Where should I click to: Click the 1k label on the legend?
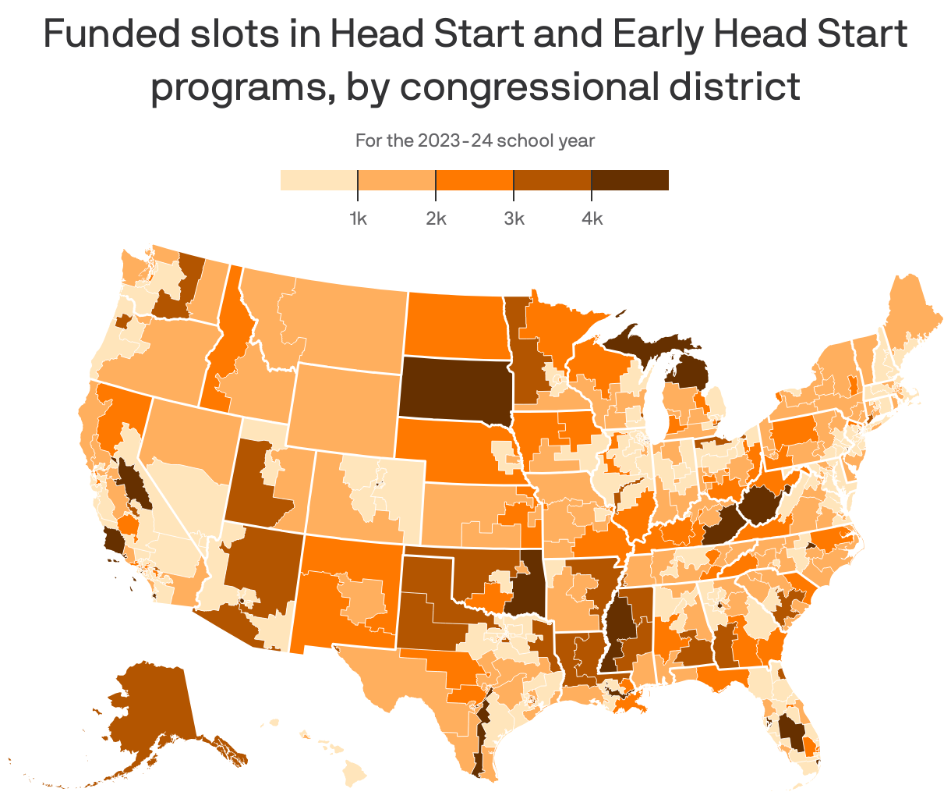point(358,218)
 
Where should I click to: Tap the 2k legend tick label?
point(436,218)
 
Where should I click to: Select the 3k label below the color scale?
point(514,218)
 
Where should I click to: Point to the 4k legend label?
point(592,218)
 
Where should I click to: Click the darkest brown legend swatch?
point(630,180)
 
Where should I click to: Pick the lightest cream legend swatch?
point(319,180)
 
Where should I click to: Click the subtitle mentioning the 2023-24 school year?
point(475,141)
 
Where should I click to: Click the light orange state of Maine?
point(904,312)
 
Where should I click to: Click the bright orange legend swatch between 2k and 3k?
point(475,180)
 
